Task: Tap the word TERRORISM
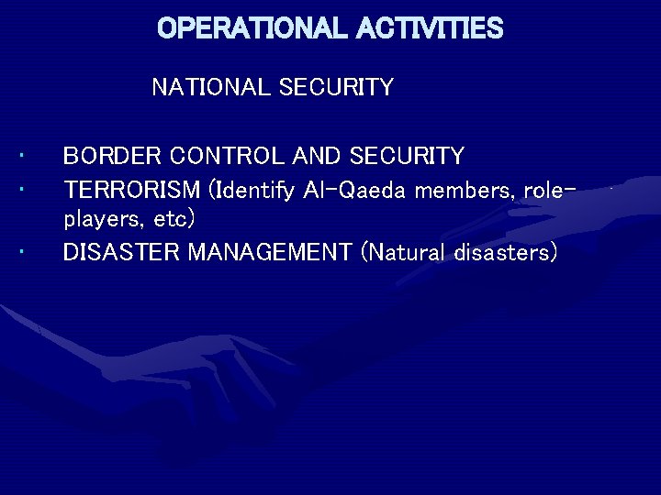tap(131, 191)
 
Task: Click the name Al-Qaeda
tap(351, 191)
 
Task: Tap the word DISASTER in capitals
tap(121, 252)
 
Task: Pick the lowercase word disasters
tap(505, 252)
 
